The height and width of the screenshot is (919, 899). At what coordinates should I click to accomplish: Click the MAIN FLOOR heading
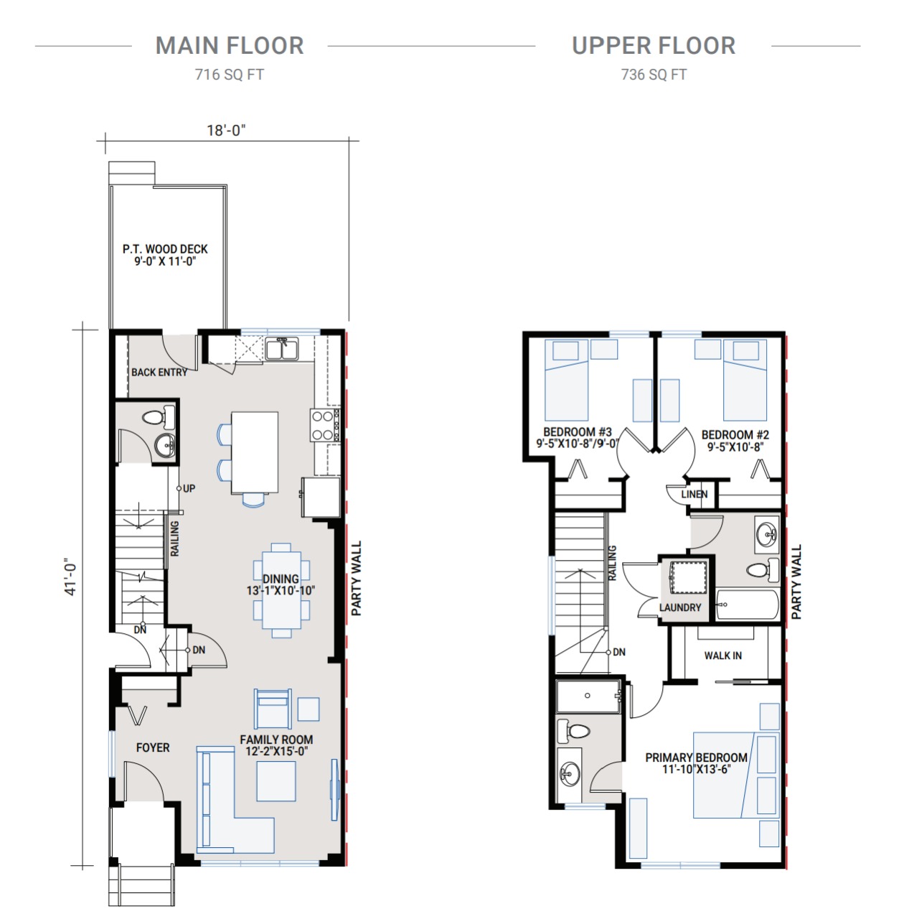(230, 46)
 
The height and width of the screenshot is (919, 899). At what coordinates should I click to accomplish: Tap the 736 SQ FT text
(654, 75)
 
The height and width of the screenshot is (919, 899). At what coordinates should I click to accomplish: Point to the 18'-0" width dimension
(226, 130)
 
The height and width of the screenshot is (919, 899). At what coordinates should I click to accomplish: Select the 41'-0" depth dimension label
(70, 577)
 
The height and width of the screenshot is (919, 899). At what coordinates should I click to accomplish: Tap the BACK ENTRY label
(159, 373)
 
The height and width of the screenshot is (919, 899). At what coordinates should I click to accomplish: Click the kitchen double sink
(282, 349)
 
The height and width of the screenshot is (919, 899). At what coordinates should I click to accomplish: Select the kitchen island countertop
(255, 452)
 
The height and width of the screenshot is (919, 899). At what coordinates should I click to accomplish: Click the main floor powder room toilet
(159, 419)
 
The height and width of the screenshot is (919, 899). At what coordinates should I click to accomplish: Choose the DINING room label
(281, 579)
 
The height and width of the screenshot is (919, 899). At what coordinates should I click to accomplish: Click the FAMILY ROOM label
(276, 740)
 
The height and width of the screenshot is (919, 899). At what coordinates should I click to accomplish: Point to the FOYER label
(153, 747)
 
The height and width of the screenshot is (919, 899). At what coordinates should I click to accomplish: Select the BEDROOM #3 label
(578, 432)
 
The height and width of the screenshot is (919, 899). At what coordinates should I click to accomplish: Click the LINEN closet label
(694, 494)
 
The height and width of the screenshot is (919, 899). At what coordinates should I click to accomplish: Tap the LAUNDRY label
(680, 607)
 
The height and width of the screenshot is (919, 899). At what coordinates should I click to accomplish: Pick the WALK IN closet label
(723, 656)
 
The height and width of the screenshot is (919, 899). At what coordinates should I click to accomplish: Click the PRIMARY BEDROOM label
(696, 757)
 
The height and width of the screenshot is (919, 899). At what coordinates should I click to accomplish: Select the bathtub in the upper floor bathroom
(748, 605)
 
